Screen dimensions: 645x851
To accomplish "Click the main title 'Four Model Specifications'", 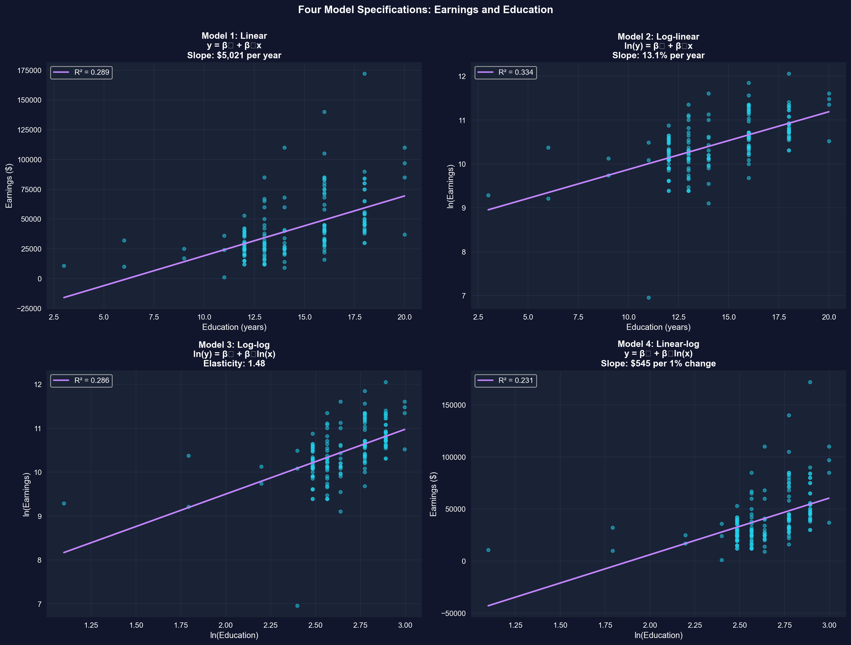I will click(425, 10).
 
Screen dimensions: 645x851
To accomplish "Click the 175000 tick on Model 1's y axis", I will click(29, 71).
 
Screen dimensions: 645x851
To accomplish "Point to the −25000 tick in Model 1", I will click(29, 309).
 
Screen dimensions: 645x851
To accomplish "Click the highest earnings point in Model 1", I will click(364, 74).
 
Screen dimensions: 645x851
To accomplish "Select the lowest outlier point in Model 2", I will click(649, 298).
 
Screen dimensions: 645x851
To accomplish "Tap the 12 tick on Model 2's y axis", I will click(462, 76).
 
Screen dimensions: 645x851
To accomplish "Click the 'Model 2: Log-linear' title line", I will click(658, 37).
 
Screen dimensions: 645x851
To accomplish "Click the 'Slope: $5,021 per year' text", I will click(234, 55).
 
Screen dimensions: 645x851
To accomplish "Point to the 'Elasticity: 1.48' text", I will click(234, 364).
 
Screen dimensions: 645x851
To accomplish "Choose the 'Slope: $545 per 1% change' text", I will click(658, 364).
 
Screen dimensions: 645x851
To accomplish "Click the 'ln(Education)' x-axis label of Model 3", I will click(234, 635).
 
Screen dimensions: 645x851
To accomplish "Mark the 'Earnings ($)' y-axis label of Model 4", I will click(434, 494).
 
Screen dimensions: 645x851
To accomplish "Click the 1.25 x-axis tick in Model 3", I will click(91, 625).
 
